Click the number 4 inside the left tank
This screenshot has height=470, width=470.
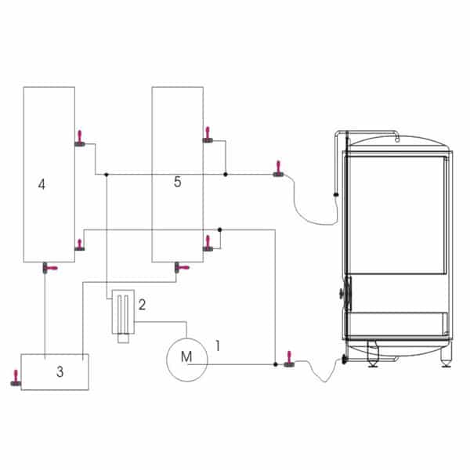pyautogui.click(x=42, y=184)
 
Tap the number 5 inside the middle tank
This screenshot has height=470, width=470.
pyautogui.click(x=178, y=182)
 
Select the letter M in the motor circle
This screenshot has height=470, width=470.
pyautogui.click(x=186, y=356)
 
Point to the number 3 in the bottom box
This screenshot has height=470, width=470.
pyautogui.click(x=60, y=371)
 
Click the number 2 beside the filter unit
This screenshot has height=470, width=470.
pyautogui.click(x=142, y=305)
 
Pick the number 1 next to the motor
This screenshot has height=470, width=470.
pyautogui.click(x=218, y=345)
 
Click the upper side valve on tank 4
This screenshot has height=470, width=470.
pyautogui.click(x=80, y=139)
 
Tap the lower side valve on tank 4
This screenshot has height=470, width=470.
pyautogui.click(x=79, y=245)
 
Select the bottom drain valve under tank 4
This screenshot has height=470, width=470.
pyautogui.click(x=49, y=268)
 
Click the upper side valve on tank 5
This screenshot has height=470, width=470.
pyautogui.click(x=208, y=136)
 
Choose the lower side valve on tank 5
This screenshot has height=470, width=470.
pyautogui.click(x=208, y=244)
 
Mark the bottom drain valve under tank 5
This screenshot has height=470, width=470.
pyautogui.click(x=182, y=267)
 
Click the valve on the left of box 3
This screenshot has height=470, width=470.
pyautogui.click(x=16, y=378)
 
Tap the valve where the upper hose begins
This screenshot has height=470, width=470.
pyautogui.click(x=278, y=169)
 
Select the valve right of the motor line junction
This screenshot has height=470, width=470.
pyautogui.click(x=289, y=359)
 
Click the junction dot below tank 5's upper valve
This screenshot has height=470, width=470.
pyautogui.click(x=226, y=174)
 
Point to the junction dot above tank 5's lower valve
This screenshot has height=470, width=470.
pyautogui.click(x=219, y=230)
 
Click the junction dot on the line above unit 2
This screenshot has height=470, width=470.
pyautogui.click(x=107, y=174)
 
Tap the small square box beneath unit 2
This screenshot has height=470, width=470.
pyautogui.click(x=123, y=338)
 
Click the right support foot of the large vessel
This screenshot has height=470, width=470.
pyautogui.click(x=446, y=359)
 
